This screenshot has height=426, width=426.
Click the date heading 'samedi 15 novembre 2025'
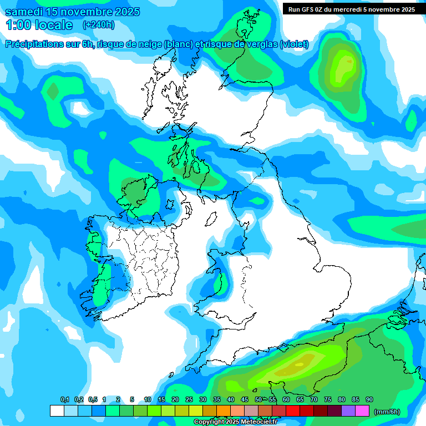(x=73, y=12)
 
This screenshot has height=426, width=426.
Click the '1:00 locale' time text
(x=39, y=25)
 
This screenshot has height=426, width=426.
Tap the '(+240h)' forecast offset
(x=99, y=25)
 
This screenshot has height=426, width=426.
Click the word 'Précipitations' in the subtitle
(x=40, y=44)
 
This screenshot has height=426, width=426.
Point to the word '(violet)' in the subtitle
(x=295, y=44)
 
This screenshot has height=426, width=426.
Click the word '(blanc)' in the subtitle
(x=177, y=44)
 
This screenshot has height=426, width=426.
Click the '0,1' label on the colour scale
(x=65, y=399)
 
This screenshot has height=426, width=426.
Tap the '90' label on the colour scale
(x=369, y=399)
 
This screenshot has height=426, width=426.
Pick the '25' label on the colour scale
(x=189, y=399)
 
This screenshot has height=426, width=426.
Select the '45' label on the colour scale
(x=245, y=399)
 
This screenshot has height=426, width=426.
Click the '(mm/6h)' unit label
(x=387, y=412)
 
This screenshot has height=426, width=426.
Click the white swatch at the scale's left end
(x=57, y=411)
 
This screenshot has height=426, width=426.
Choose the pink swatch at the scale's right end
(x=362, y=411)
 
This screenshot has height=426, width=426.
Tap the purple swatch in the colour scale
(x=348, y=411)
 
